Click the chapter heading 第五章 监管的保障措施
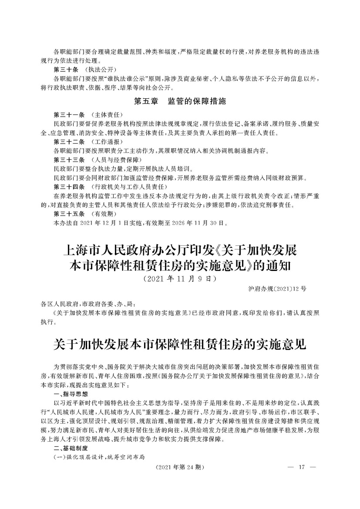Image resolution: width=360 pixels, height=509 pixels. pyautogui.click(x=180, y=102)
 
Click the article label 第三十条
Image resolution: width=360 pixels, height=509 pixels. pyautogui.click(x=66, y=69)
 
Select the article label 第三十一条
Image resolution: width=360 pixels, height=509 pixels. pyautogui.click(x=68, y=115)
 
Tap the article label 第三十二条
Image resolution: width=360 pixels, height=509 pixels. pyautogui.click(x=68, y=142)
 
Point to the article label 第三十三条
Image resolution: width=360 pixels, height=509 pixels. pyautogui.click(x=68, y=160)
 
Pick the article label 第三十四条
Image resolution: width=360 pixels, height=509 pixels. pyautogui.click(x=68, y=187)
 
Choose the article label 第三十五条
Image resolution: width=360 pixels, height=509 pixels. pyautogui.click(x=68, y=214)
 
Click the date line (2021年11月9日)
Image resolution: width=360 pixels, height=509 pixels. pyautogui.click(x=180, y=278)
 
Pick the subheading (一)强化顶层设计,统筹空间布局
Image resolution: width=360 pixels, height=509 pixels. pyautogui.click(x=99, y=457)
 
